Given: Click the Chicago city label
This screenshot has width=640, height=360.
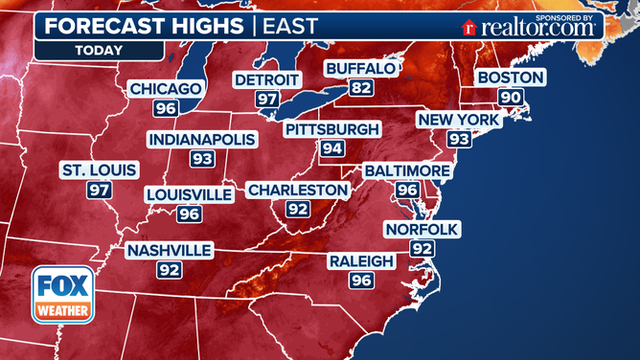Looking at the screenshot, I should (x=166, y=89).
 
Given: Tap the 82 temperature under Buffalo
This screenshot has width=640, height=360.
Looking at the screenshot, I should (x=360, y=88).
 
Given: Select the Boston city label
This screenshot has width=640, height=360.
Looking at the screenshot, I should (x=511, y=78).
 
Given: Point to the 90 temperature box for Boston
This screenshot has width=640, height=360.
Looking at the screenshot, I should (x=511, y=97).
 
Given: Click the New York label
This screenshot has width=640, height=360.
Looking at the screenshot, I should (x=458, y=120).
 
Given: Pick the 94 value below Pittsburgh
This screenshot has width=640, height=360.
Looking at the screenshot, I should (x=332, y=148).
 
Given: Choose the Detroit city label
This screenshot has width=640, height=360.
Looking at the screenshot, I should (x=266, y=79).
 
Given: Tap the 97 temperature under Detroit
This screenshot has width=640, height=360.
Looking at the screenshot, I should (x=266, y=99).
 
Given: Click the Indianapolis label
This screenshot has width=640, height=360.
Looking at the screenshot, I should (x=202, y=140).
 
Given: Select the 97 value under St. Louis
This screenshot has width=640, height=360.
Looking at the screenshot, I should (x=99, y=190).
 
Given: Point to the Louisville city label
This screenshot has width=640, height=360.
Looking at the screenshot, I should (x=189, y=194).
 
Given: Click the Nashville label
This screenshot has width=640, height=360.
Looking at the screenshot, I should (x=170, y=250).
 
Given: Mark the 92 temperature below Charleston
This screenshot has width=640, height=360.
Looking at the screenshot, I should (x=297, y=209).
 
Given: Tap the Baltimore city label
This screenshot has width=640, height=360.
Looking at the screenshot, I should (x=407, y=170).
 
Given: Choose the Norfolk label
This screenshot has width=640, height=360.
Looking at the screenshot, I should (x=422, y=229).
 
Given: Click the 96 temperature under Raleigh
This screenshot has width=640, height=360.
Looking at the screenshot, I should (x=361, y=281).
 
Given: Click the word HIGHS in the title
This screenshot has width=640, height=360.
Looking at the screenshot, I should (x=200, y=24).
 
